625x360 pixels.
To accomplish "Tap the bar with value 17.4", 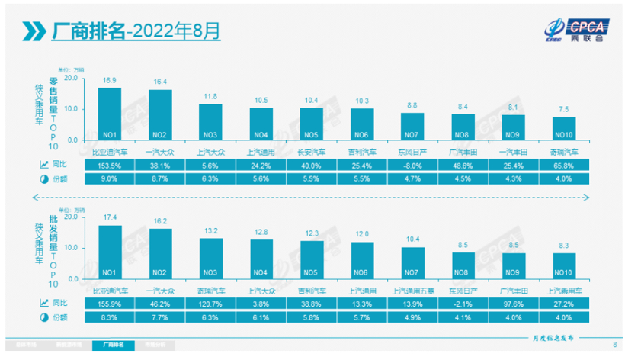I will point(109,252).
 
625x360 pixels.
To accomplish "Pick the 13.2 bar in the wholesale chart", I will point(210,259).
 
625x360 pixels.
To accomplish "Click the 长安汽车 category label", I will point(312,151).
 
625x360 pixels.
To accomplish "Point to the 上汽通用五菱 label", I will point(412,290).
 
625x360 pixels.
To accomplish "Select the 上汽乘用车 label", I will point(564,290).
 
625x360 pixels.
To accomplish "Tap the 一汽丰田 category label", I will point(514,151).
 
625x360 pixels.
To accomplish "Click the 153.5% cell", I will point(109,165).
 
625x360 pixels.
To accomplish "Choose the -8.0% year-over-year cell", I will point(412,165).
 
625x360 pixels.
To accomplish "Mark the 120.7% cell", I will point(210,304).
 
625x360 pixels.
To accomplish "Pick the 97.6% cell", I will point(514,304).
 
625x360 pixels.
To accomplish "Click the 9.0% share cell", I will point(109,178).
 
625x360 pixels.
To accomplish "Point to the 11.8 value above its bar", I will point(210,97).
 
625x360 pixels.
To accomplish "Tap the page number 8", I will point(614,345).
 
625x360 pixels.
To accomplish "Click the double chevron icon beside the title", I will point(33,31).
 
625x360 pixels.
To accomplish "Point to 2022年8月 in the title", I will point(176,31).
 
